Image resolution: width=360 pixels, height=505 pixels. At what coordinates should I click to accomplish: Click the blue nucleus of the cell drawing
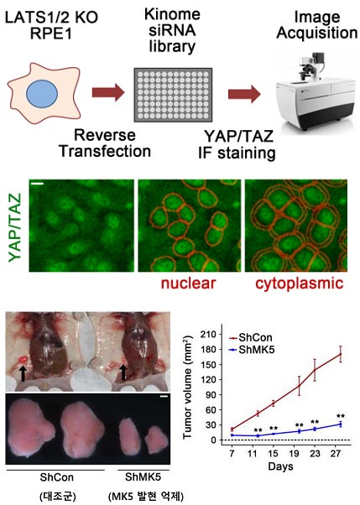point(42,94)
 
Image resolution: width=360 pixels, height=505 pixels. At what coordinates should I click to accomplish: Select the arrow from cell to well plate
point(108,92)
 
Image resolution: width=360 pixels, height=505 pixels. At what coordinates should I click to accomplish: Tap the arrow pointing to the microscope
point(244,94)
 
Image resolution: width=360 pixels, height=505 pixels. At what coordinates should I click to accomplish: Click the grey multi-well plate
point(173,95)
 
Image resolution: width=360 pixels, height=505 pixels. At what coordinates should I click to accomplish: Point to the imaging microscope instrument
point(317,91)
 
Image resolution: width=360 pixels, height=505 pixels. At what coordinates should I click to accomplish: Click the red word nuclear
point(188,284)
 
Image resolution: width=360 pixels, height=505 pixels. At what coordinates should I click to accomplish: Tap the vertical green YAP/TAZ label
point(15,226)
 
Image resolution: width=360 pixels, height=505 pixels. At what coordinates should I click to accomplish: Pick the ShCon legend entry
point(251,338)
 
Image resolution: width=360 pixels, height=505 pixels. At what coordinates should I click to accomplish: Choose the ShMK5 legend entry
point(252,350)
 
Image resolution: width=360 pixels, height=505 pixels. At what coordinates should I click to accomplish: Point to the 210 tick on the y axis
point(208,335)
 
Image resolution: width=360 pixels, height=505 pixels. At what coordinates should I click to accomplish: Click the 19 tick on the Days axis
point(294,454)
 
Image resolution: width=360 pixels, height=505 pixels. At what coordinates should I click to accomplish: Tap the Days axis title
point(281,466)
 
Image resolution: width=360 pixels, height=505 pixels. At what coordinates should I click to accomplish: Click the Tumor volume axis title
point(188,387)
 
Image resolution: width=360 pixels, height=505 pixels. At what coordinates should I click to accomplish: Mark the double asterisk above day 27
point(341,416)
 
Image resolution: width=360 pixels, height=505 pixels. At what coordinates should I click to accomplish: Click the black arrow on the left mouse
point(23,373)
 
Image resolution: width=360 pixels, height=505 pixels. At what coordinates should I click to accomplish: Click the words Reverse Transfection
point(106,143)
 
